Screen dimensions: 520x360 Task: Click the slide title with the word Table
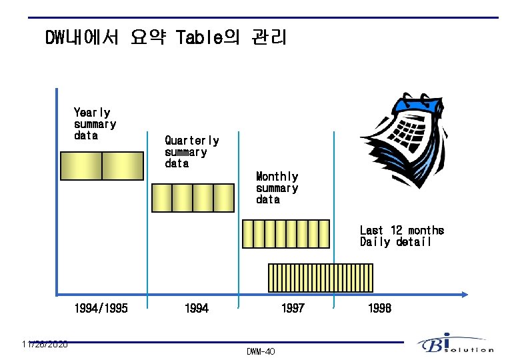point(165,38)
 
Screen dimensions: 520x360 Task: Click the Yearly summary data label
point(95,124)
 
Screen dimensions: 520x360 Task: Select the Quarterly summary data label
point(191,152)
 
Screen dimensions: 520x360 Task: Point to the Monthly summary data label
point(277,188)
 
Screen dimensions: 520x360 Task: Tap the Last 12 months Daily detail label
point(401,236)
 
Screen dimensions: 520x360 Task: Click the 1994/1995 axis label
point(101,308)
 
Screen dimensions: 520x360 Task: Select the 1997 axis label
point(293,308)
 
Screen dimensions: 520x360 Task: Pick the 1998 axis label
point(379,308)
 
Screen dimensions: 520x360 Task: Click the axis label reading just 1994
point(197,308)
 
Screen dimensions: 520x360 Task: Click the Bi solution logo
point(455,344)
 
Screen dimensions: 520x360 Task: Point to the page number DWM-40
point(260,351)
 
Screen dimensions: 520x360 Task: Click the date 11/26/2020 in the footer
point(44,344)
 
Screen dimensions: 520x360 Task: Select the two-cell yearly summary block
point(101,166)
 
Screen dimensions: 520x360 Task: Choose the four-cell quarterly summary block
point(193,197)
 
